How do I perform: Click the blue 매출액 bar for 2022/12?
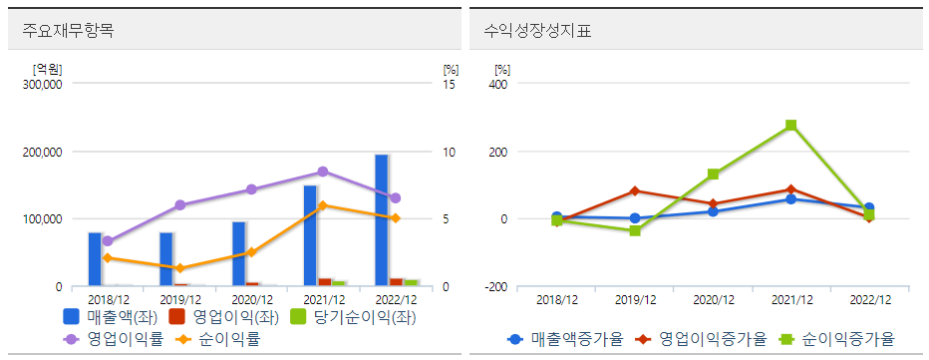pos(381,220)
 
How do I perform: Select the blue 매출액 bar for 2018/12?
pos(95,259)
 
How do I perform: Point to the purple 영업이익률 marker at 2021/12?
pos(322,172)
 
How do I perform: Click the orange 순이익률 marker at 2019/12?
pos(179,268)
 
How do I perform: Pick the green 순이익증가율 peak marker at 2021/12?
pos(790,126)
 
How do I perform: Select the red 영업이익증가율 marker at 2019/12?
pos(635,190)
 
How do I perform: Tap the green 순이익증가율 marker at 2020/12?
pos(713,175)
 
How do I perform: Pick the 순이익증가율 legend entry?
pos(839,339)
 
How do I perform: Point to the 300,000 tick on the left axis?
pos(42,85)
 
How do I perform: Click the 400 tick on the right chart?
pos(499,85)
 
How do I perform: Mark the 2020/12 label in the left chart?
pos(250,299)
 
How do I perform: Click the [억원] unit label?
pos(46,69)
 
